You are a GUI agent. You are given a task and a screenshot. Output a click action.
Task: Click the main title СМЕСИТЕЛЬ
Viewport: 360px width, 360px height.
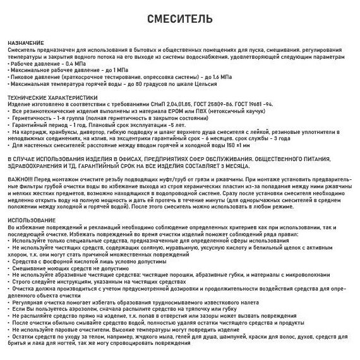pyautogui.click(x=180, y=20)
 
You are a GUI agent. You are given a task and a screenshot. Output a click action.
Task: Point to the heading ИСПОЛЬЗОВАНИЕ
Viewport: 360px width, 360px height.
pyautogui.click(x=28, y=219)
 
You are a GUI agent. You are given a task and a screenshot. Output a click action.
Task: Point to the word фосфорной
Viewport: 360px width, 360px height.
pyautogui.click(x=49, y=261)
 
